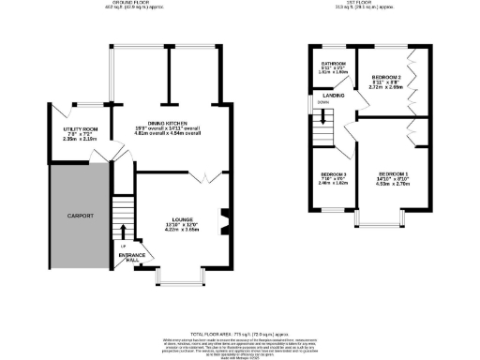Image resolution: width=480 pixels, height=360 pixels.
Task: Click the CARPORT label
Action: click(82, 216)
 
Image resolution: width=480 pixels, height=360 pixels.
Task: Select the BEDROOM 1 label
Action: click(394, 173)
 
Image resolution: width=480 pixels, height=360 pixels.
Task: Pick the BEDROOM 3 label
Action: click(333, 174)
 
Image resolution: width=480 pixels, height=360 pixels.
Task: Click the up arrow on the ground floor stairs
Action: click(123, 230)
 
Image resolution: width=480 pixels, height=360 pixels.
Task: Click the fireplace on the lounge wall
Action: click(223, 222)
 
